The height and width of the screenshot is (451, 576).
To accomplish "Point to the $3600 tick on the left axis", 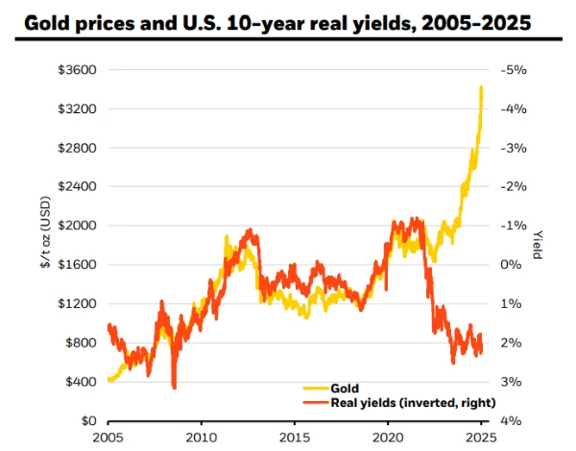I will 79,70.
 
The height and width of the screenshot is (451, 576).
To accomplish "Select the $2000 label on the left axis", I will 79,225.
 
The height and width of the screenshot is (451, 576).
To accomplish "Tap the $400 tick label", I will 82,382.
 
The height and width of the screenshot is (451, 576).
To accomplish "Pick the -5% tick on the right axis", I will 508,70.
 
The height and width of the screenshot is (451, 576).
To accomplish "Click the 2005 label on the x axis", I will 108,438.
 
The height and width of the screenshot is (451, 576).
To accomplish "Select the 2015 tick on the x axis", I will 295,438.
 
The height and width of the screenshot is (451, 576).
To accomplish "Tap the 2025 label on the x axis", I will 482,438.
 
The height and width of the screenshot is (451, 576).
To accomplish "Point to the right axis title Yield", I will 538,246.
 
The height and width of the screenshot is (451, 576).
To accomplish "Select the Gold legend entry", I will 345,389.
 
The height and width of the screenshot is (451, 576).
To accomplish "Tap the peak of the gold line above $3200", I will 481,87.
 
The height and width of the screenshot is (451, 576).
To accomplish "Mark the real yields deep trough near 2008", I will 174,386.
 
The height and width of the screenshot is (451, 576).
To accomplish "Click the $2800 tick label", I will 79,148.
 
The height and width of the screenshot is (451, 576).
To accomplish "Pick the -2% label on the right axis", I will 508,187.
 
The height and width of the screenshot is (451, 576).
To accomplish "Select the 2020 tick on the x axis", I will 389,438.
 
